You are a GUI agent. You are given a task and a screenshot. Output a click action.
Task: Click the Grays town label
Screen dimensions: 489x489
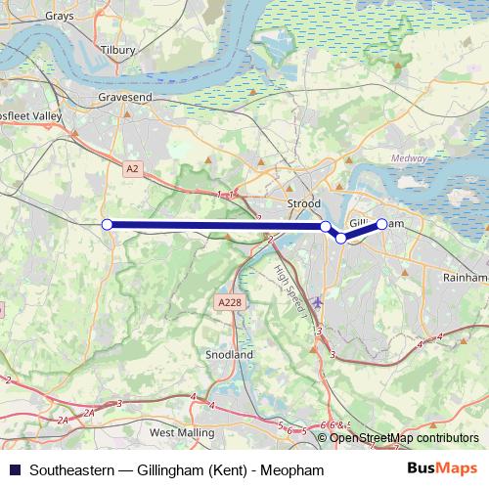point(60,17)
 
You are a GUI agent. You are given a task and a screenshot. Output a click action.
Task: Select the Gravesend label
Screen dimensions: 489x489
point(122,98)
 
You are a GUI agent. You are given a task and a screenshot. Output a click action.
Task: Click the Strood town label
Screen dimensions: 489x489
point(304,204)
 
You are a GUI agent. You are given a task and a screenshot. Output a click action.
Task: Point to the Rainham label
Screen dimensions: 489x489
point(464,278)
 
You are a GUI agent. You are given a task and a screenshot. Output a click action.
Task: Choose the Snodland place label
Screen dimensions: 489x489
point(230,354)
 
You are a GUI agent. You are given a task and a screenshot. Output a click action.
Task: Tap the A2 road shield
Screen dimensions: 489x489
point(133,169)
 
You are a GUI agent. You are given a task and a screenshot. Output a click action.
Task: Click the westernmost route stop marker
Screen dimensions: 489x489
point(107,225)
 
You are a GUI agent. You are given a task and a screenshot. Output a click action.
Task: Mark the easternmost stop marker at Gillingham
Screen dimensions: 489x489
point(381,224)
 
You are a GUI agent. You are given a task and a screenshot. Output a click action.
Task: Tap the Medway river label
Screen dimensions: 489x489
point(408,157)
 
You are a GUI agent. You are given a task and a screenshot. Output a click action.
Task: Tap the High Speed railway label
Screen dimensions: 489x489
point(288,284)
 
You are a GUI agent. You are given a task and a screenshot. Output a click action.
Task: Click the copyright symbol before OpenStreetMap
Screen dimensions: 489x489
point(323,438)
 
